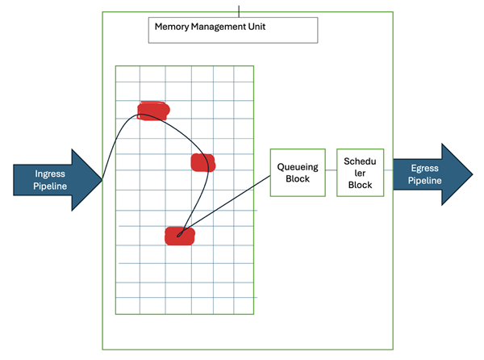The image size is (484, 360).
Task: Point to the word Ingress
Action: (50, 174)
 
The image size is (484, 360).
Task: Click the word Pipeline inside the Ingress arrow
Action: (50, 186)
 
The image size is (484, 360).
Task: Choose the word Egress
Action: (425, 168)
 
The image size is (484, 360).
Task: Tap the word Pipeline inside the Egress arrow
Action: (425, 180)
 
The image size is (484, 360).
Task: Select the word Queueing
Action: (297, 167)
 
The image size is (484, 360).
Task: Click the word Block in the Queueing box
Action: (297, 179)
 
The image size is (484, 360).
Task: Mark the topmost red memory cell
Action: (153, 111)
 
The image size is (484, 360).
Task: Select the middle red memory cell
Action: (202, 162)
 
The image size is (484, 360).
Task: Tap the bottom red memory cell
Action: (179, 236)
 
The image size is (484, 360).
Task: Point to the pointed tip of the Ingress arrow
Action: (103, 179)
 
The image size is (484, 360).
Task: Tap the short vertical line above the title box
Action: (239, 10)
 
